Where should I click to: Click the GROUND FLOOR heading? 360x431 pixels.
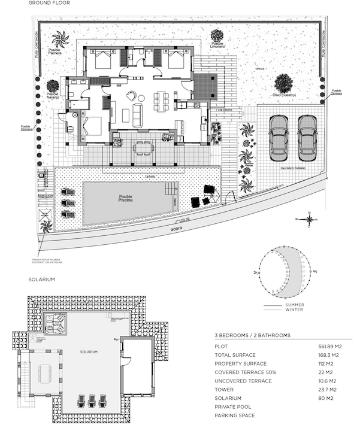(x=49, y=4)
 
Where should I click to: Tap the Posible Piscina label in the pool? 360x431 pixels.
(x=125, y=200)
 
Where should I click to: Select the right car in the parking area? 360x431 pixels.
(x=308, y=138)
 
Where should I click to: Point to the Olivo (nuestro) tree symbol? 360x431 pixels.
(x=284, y=83)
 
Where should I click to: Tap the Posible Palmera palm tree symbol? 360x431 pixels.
(x=60, y=40)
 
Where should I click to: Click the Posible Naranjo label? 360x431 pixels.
(x=53, y=96)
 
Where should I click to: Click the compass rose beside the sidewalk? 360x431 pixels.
(x=309, y=220)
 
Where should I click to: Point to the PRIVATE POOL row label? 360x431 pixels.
(x=232, y=407)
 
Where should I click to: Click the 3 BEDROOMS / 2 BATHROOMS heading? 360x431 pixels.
(x=252, y=335)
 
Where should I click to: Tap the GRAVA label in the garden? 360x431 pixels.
(x=260, y=69)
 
